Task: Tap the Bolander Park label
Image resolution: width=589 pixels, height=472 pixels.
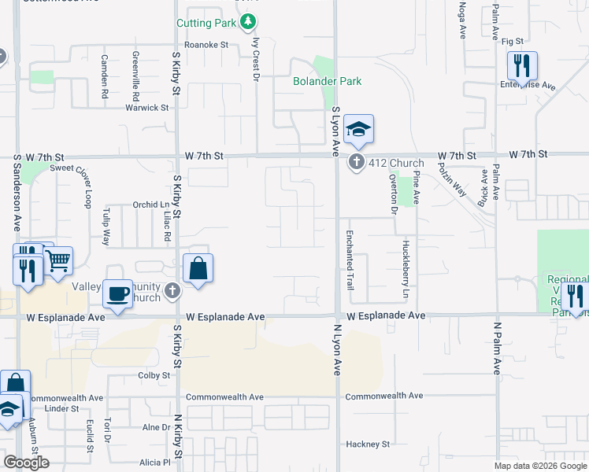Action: point(327,81)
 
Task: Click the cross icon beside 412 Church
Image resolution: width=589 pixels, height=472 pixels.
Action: point(356,163)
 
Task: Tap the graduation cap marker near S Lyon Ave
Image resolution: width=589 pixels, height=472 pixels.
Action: point(358,130)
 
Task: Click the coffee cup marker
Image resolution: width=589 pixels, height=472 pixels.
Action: point(118,294)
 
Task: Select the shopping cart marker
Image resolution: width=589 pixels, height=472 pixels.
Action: point(58,260)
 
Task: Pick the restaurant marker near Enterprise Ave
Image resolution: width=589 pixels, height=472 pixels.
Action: point(522,67)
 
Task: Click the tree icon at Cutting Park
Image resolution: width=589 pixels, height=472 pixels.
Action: point(249,20)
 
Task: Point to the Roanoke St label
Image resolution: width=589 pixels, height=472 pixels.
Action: point(206,45)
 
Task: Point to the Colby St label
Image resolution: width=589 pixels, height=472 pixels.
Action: point(154,376)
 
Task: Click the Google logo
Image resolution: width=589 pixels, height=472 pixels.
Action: point(27,463)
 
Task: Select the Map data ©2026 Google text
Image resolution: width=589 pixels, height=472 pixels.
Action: point(539,466)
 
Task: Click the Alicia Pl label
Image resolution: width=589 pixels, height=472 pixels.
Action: point(155,463)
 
